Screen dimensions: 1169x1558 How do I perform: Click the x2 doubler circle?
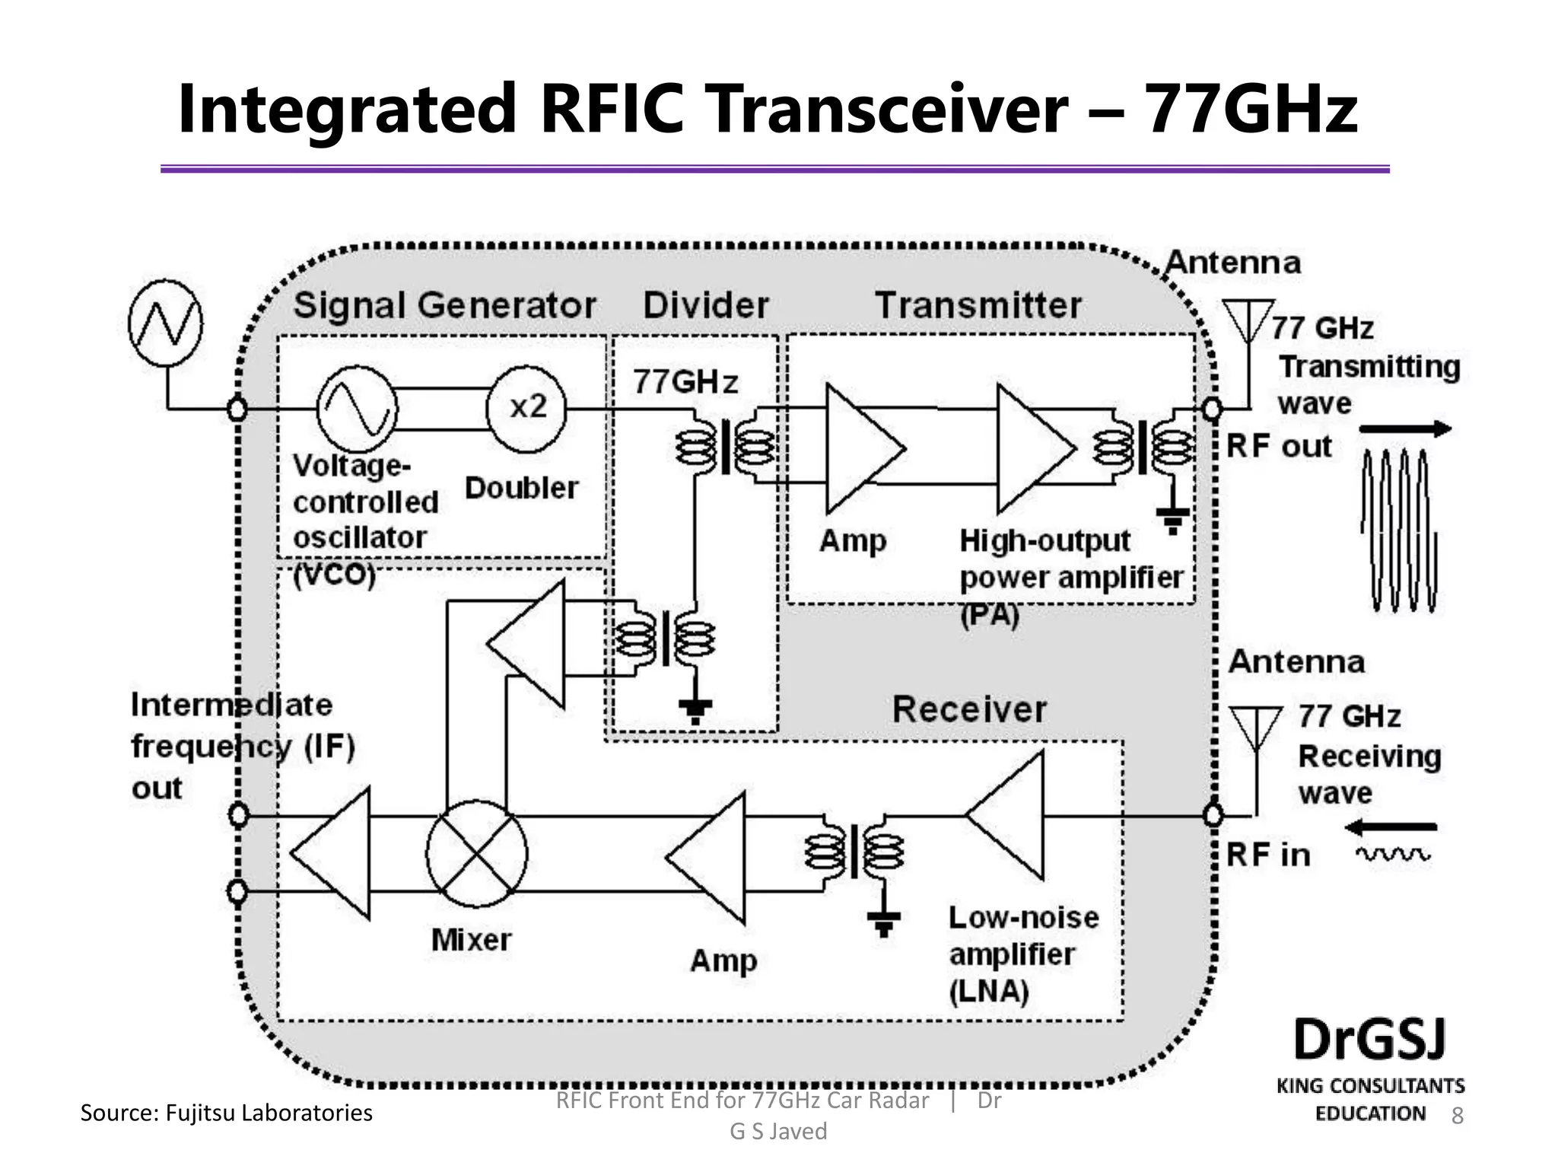click(x=527, y=408)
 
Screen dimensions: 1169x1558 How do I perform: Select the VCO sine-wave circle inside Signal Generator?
click(x=357, y=409)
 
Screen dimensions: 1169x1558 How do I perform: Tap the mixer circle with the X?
click(x=477, y=853)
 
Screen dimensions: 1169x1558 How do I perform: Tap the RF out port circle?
click(x=1212, y=409)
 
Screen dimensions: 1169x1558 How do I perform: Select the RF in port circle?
click(x=1213, y=816)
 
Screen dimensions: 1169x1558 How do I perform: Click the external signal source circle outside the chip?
click(x=166, y=323)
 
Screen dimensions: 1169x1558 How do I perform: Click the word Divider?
click(x=706, y=305)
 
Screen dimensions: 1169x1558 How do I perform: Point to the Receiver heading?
click(x=969, y=709)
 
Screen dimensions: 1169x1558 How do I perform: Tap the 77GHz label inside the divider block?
click(x=685, y=381)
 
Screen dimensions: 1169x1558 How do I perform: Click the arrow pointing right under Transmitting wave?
click(x=1404, y=429)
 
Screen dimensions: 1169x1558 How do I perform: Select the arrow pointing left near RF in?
click(x=1389, y=827)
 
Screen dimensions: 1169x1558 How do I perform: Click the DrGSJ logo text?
click(x=1369, y=1040)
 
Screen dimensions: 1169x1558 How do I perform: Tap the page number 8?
click(x=1458, y=1116)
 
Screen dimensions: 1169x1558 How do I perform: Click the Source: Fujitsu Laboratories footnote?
click(x=227, y=1113)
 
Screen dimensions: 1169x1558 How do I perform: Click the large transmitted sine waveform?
click(x=1398, y=531)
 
